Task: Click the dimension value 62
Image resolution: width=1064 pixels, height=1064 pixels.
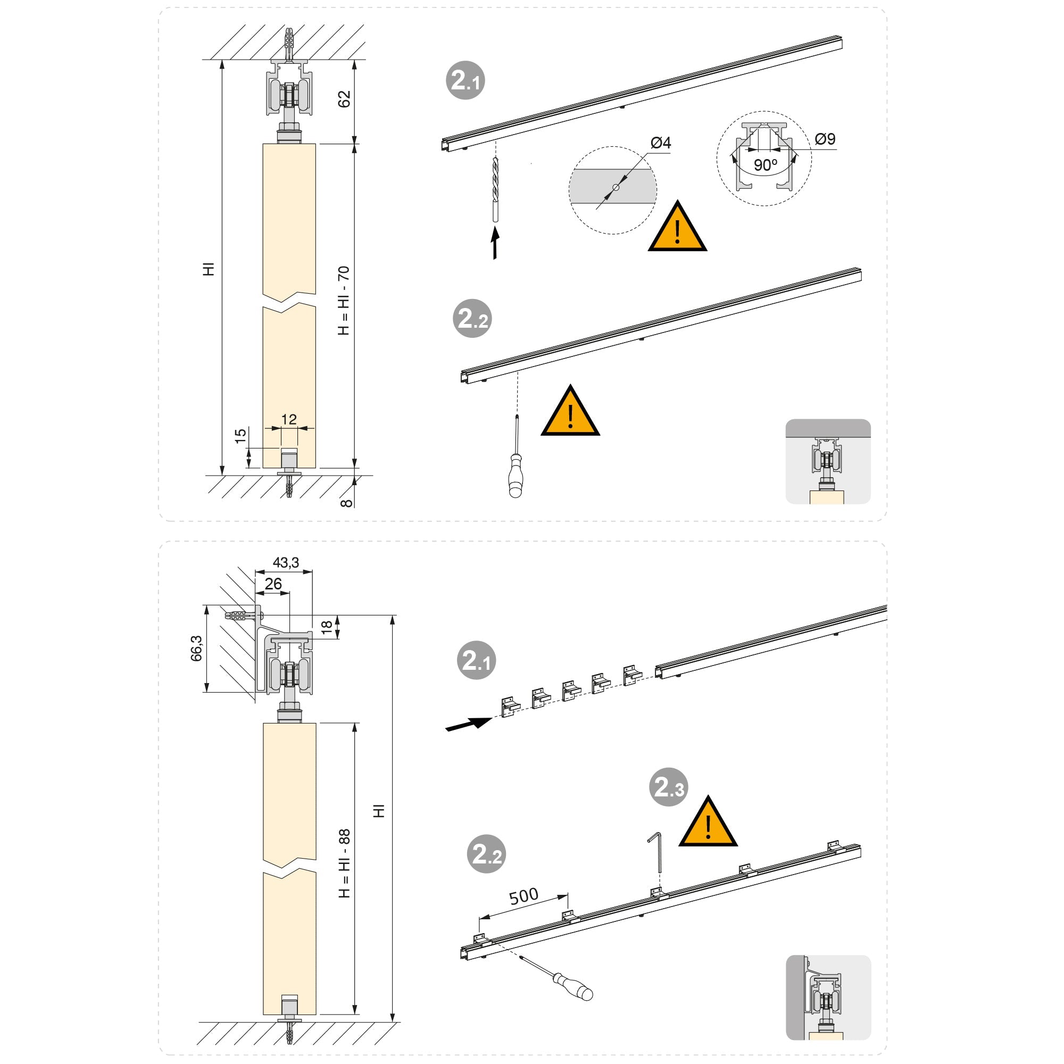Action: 344,99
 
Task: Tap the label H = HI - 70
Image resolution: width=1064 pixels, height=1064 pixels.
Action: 344,301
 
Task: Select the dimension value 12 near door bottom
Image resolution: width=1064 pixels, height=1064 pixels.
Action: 288,420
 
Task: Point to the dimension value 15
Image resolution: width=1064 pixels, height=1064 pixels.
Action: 240,436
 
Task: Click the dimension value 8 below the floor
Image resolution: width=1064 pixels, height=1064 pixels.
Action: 346,502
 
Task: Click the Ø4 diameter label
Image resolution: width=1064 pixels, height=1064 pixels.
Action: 660,143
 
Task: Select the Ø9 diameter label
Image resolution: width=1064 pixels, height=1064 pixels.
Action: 825,139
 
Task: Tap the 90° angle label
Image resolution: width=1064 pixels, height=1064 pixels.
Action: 766,165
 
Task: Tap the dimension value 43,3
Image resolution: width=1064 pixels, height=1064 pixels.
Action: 286,562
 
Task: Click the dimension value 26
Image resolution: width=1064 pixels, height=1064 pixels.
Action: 273,584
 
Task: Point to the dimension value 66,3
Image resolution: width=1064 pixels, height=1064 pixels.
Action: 196,648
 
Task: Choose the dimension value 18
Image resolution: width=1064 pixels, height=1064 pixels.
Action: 327,627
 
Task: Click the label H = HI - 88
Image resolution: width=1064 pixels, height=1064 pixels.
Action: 344,863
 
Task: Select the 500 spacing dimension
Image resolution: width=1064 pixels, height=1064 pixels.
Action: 523,896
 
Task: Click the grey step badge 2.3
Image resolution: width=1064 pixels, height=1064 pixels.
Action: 669,787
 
